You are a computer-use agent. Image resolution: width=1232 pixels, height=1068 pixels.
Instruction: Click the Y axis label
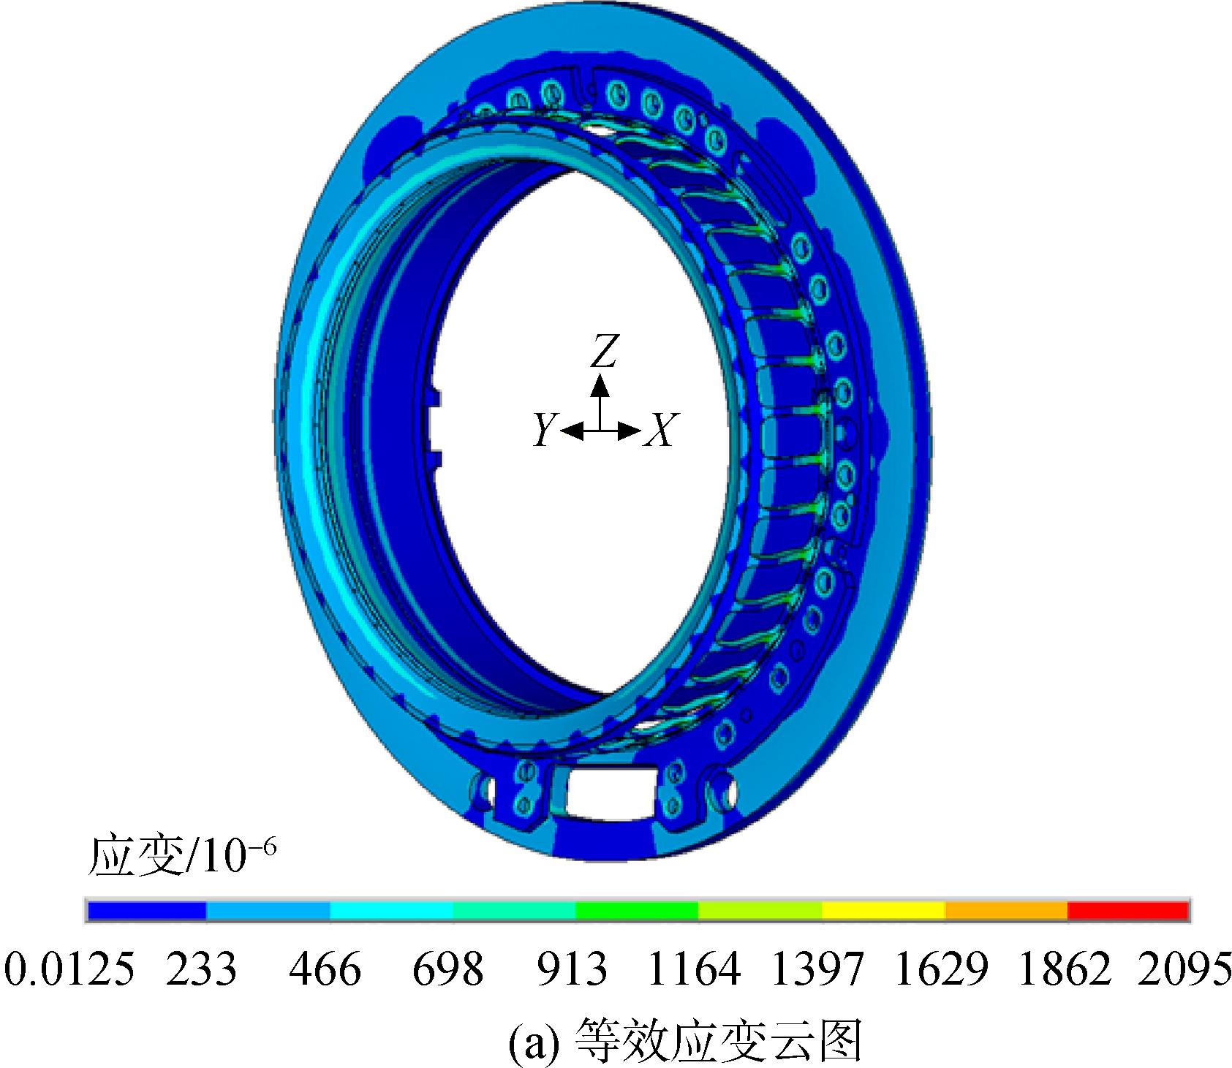point(544,430)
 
